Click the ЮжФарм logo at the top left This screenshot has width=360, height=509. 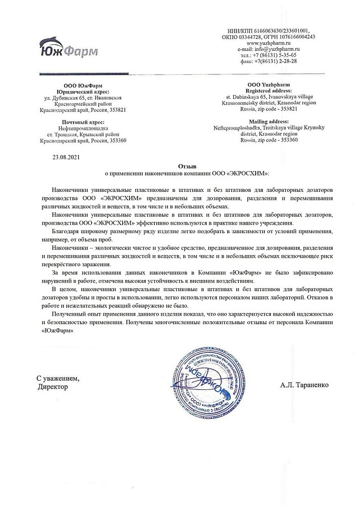pos(68,47)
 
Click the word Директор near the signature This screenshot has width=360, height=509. pos(52,387)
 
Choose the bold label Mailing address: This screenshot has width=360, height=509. pos(268,121)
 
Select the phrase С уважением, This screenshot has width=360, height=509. pos(58,378)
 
